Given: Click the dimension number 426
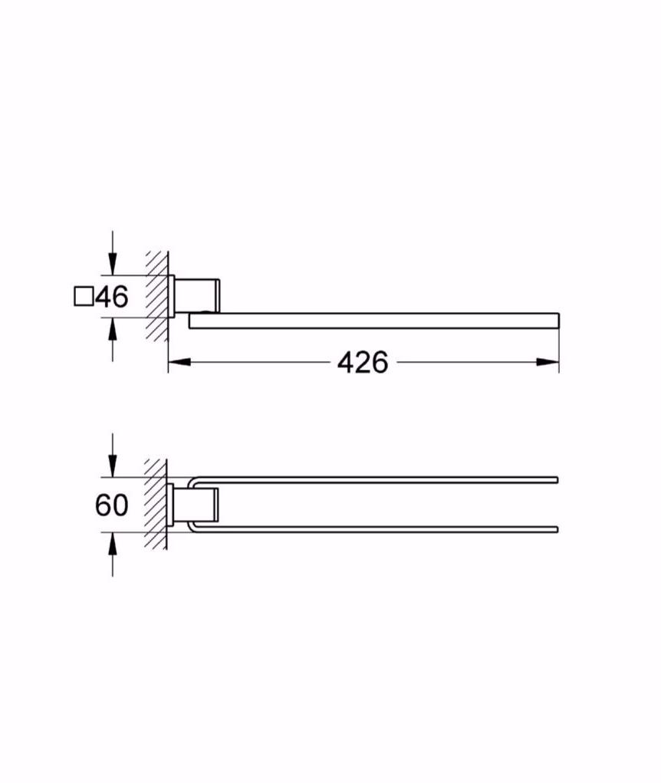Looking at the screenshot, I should (x=363, y=362).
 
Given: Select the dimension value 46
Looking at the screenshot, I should (x=111, y=296).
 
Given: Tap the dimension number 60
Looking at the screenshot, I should (x=112, y=505).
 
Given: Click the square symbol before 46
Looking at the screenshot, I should (x=83, y=296).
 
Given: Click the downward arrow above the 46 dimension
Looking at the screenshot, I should (x=113, y=265).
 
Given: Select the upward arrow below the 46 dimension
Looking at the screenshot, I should (x=113, y=329).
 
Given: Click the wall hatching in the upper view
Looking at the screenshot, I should (x=157, y=295).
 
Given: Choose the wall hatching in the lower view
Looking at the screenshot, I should (x=157, y=504).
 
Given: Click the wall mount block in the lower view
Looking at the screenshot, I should (x=197, y=504).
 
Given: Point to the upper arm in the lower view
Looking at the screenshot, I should (x=376, y=480).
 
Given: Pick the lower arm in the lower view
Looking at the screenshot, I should (x=376, y=528).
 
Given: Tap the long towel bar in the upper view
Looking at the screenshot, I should (x=376, y=321).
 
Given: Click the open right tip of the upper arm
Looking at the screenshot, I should (x=556, y=480).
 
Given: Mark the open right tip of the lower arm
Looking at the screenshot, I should (x=556, y=528).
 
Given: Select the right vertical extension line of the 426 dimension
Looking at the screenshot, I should (x=559, y=349).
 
